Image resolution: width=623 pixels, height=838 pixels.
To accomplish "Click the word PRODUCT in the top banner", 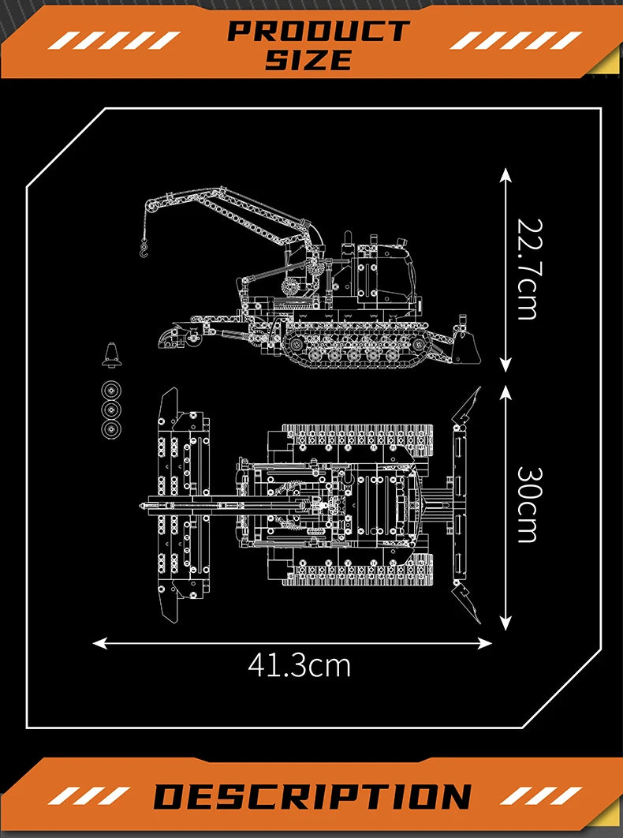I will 318,32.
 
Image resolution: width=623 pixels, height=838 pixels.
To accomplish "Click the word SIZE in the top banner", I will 308,60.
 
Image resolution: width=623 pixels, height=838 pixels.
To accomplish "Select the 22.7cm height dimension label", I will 527,268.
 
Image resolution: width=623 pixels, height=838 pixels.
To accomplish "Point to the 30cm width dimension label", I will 527,505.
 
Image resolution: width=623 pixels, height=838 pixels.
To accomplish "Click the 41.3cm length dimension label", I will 299,665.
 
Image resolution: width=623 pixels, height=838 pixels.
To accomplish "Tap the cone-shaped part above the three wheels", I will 112,356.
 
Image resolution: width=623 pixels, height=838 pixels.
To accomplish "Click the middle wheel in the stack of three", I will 111,410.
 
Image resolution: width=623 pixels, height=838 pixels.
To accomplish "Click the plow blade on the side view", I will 469,348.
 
